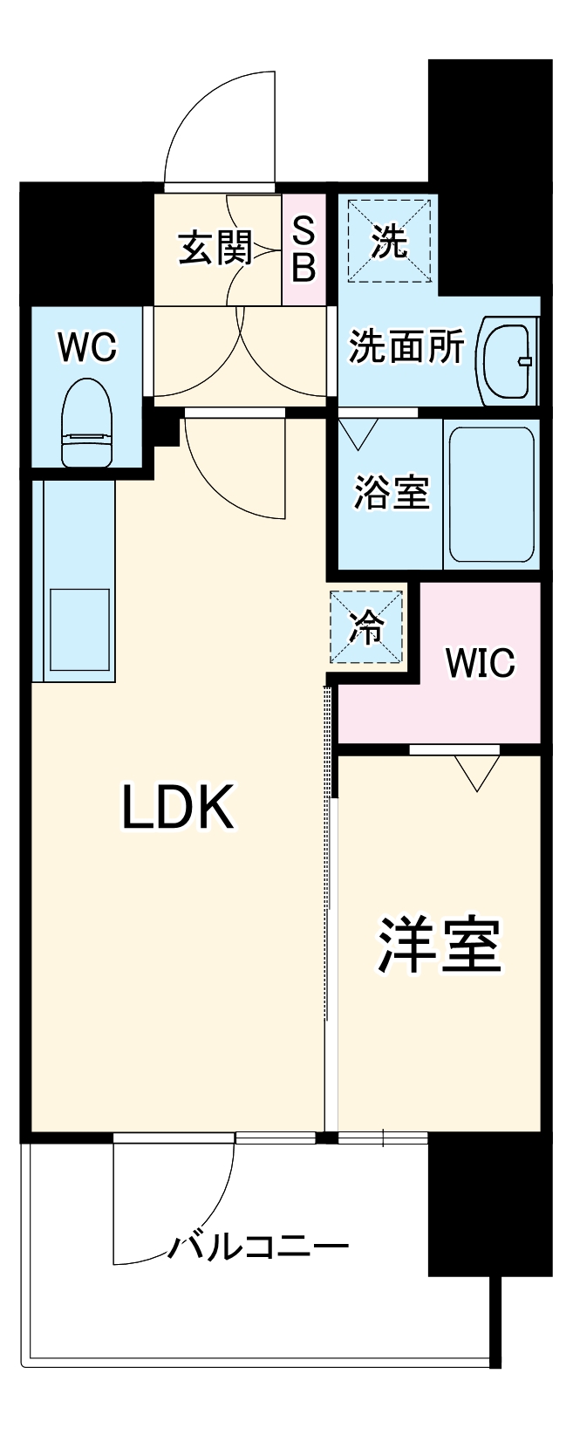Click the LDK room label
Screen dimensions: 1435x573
click(178, 807)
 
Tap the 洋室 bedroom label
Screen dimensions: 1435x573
click(439, 945)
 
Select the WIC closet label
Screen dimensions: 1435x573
click(480, 663)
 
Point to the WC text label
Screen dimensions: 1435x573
click(86, 348)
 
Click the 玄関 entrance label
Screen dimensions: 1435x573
click(215, 248)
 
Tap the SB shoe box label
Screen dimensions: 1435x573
click(303, 249)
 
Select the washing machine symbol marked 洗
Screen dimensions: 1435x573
click(389, 242)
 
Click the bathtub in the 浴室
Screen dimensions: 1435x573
click(490, 495)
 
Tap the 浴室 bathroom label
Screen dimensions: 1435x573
click(392, 494)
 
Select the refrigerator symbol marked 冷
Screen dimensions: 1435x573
click(366, 626)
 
